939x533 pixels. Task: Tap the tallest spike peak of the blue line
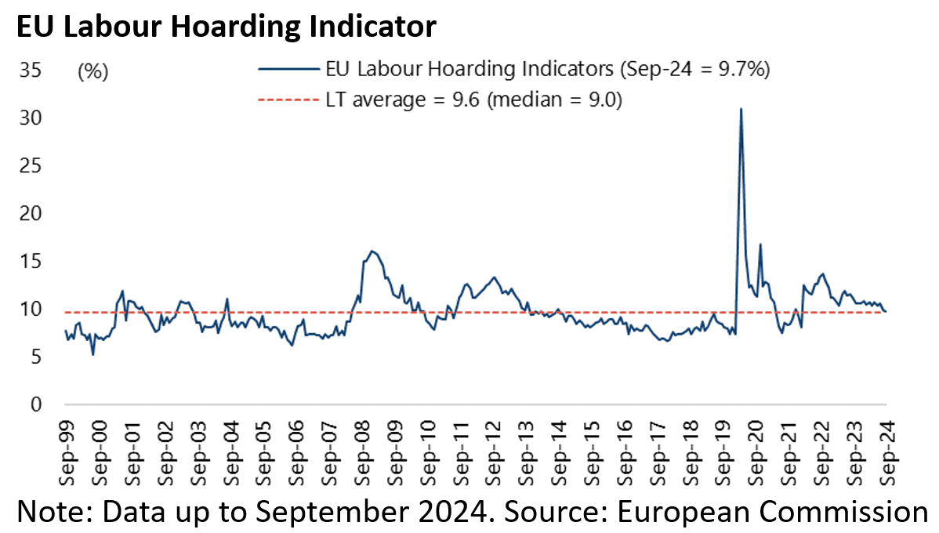click(741, 109)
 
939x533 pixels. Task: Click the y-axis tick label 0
click(35, 404)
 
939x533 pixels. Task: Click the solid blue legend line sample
click(288, 69)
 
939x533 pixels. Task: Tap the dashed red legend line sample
click(288, 100)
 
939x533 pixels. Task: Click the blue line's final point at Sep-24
click(886, 312)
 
